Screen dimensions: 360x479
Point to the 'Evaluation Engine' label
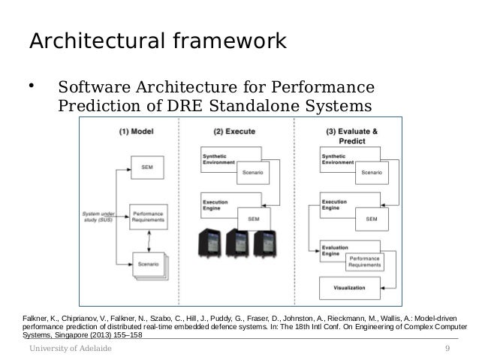[334, 250]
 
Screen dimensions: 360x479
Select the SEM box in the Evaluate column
[371, 218]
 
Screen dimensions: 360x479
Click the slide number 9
[447, 349]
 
